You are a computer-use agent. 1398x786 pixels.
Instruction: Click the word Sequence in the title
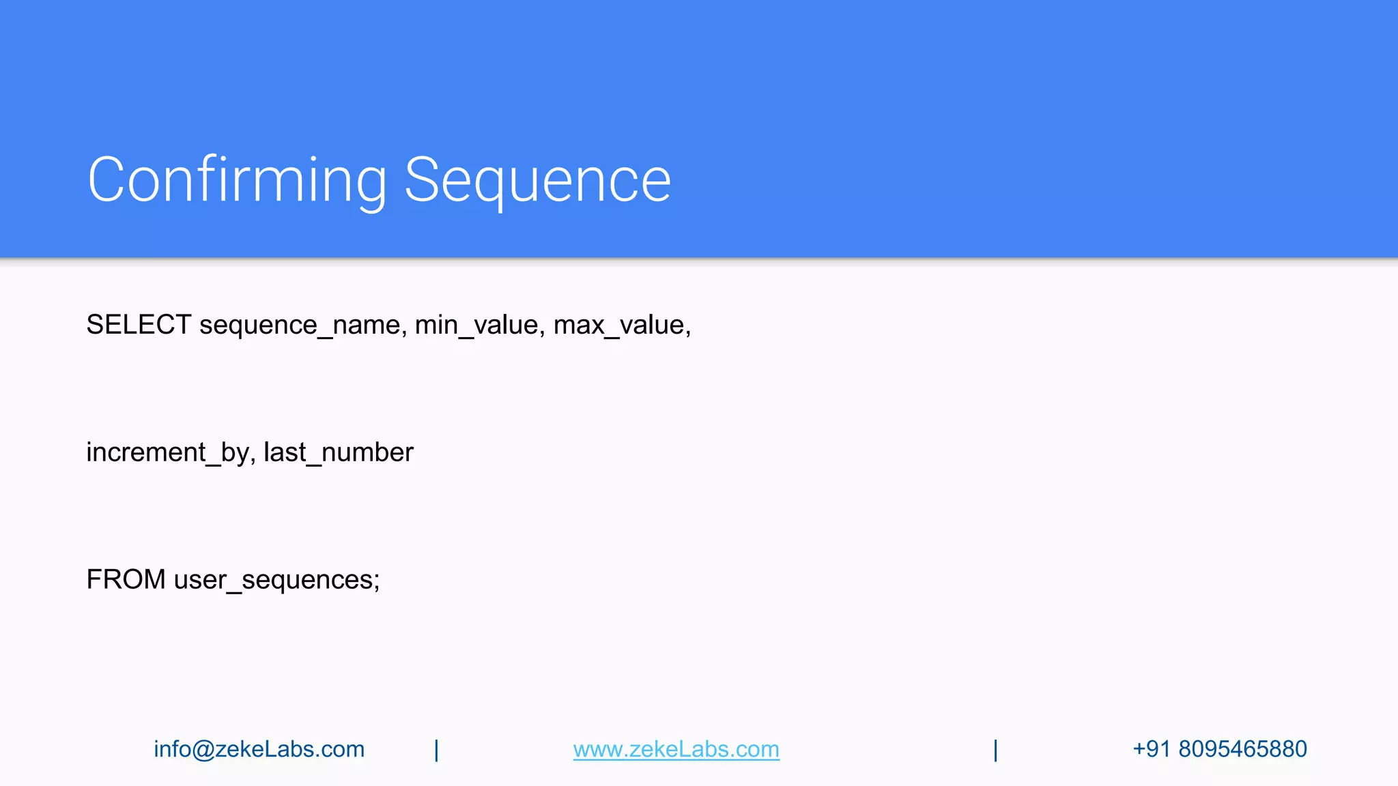click(x=537, y=180)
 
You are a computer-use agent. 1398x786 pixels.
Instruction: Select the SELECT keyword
click(x=139, y=325)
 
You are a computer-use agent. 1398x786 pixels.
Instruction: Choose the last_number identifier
click(x=339, y=452)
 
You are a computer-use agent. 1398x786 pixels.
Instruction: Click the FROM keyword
click(x=126, y=579)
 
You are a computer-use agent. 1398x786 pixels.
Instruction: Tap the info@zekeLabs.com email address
click(x=259, y=749)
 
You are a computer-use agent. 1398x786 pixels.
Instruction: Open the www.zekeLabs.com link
click(x=676, y=749)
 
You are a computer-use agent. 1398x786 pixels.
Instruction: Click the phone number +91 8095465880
click(x=1219, y=749)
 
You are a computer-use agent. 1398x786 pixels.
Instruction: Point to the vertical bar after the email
click(x=437, y=750)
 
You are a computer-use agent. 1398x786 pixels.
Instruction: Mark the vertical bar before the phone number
click(x=996, y=750)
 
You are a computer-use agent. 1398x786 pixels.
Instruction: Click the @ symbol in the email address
click(x=203, y=749)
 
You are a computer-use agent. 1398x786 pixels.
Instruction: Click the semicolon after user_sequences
click(x=376, y=582)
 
